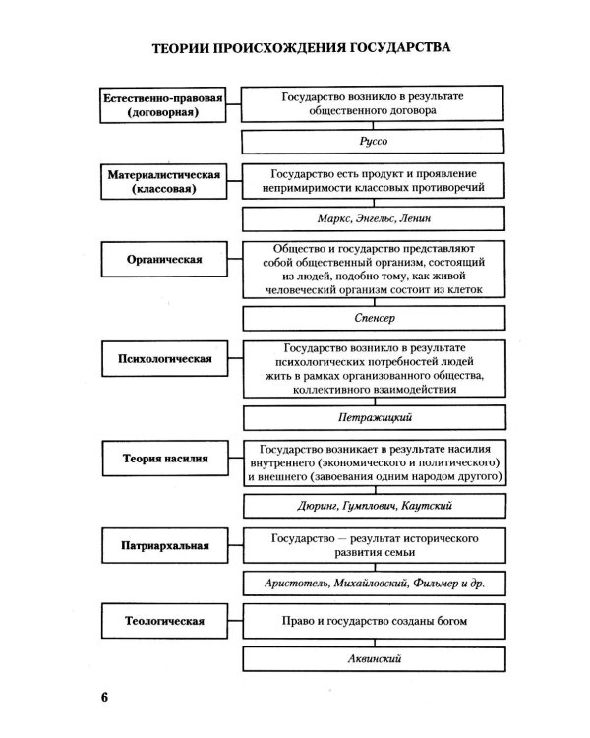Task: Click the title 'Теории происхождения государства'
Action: pyautogui.click(x=302, y=48)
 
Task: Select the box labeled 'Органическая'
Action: pyautogui.click(x=164, y=260)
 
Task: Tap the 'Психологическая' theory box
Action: pyautogui.click(x=164, y=359)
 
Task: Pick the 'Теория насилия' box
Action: pyautogui.click(x=164, y=459)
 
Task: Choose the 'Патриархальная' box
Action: pyautogui.click(x=164, y=545)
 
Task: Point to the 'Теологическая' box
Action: pyautogui.click(x=164, y=622)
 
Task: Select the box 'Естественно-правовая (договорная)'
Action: pyautogui.click(x=164, y=105)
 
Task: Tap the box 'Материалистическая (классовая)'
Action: pyautogui.click(x=164, y=181)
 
